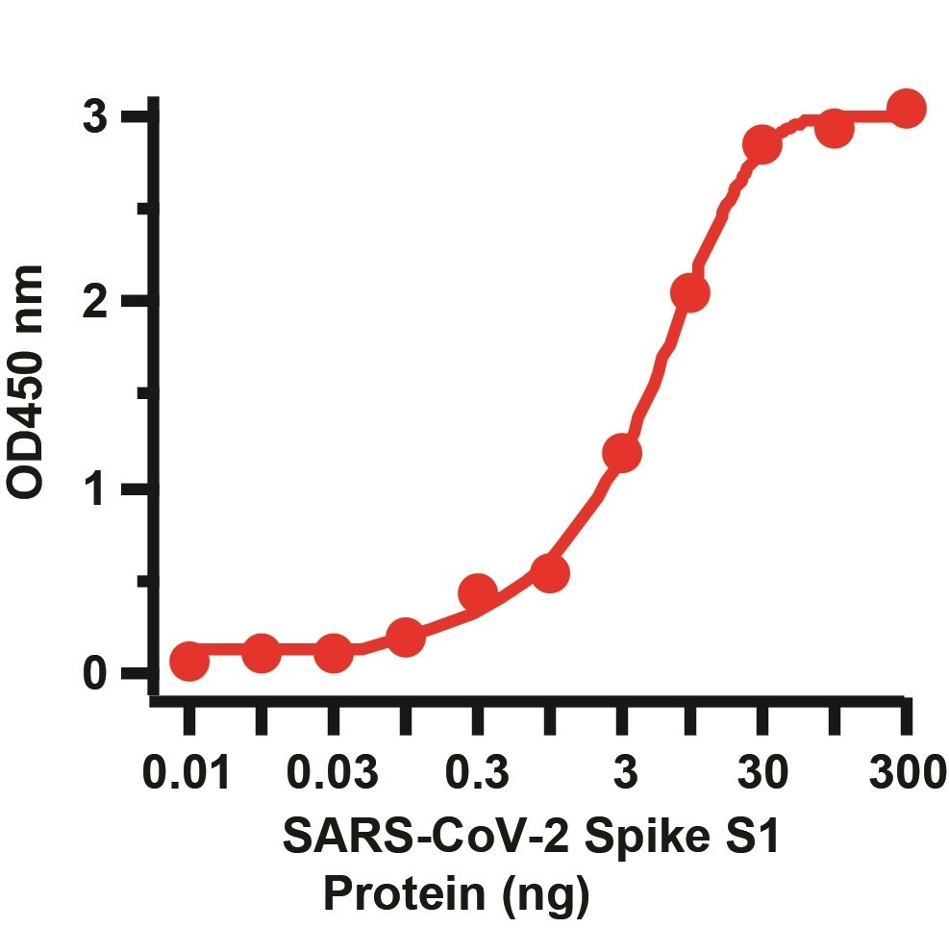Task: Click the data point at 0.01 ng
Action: [189, 662]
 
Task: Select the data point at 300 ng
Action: [906, 110]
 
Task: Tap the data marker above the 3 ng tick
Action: [622, 452]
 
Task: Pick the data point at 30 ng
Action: [762, 145]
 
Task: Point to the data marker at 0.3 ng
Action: [478, 592]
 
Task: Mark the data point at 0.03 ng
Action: [333, 653]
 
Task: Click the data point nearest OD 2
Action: [690, 292]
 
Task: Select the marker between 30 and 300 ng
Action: [834, 129]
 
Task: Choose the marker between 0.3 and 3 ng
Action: [549, 573]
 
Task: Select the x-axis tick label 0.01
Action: [187, 772]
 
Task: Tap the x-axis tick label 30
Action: [762, 772]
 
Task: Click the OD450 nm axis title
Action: [28, 381]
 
